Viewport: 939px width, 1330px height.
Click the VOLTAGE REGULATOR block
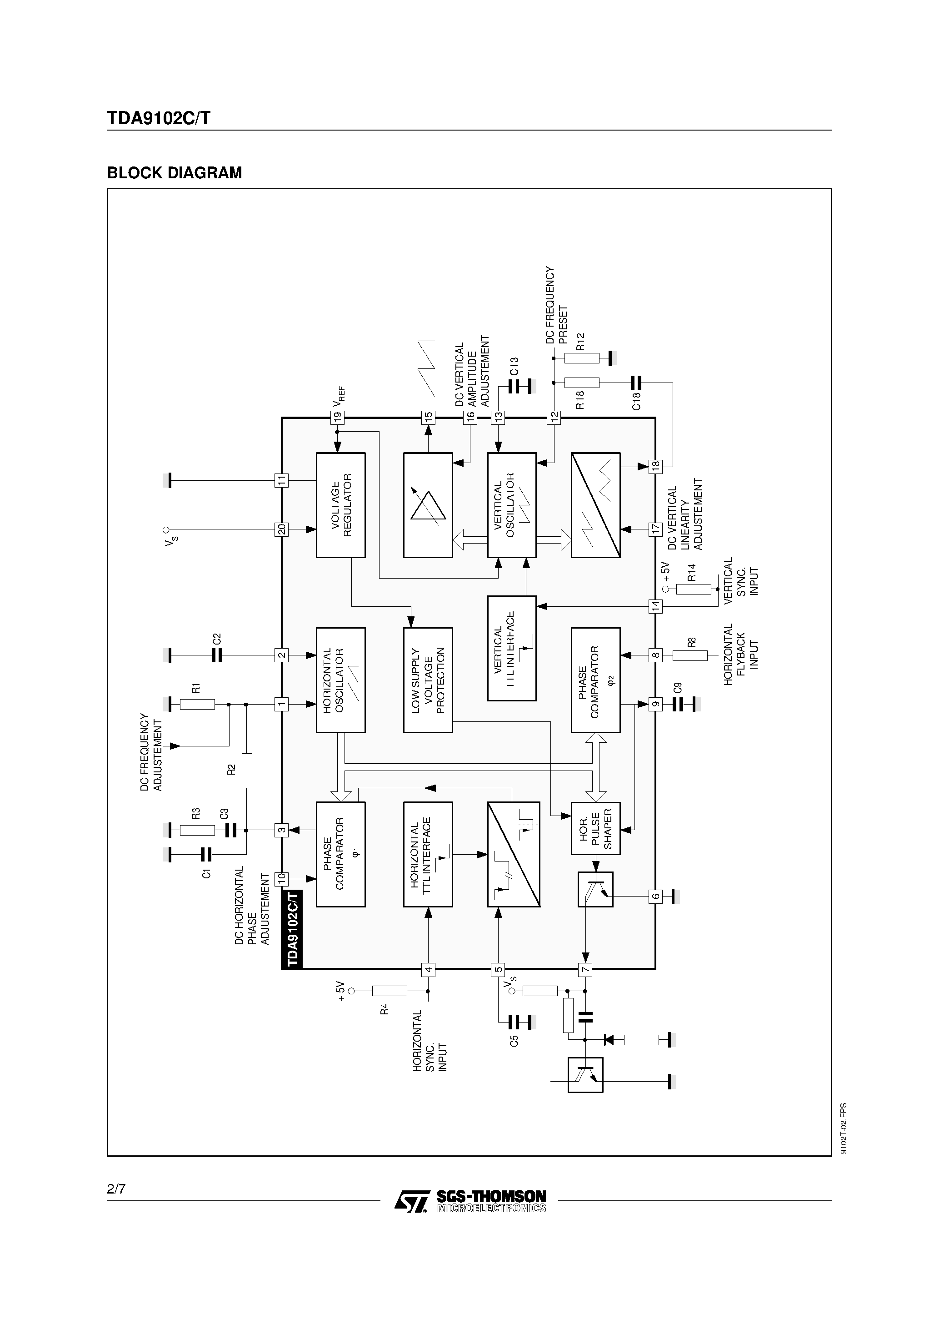point(340,505)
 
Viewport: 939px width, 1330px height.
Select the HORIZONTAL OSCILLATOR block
point(340,680)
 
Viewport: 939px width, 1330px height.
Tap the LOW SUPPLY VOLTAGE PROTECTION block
point(428,680)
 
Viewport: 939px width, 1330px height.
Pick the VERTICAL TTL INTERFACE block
point(512,648)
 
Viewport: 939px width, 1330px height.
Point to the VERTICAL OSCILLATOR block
point(512,505)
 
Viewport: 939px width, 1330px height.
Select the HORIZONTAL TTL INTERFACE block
point(428,854)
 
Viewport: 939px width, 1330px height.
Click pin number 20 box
point(281,529)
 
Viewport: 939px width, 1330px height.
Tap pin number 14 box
point(655,606)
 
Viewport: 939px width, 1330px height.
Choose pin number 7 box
point(585,970)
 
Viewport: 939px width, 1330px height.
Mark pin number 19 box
point(337,417)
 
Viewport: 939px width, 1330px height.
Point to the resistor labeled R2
point(247,771)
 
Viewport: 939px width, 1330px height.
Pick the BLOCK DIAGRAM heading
point(174,173)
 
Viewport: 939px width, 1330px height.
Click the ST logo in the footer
point(412,1201)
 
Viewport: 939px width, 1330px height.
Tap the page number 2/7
point(116,1189)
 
